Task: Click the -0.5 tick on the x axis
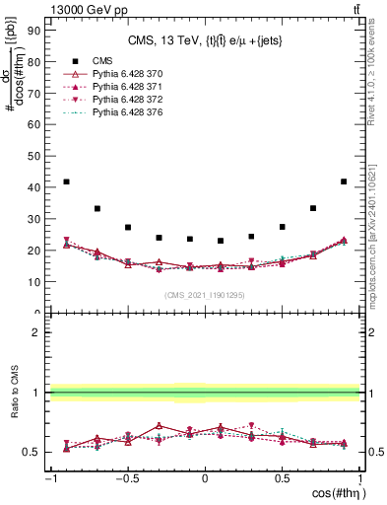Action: (x=128, y=479)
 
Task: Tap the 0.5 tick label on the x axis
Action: (x=282, y=479)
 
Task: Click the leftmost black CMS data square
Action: (x=66, y=181)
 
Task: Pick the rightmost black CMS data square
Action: (x=344, y=181)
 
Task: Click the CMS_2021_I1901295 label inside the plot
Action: (x=205, y=295)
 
